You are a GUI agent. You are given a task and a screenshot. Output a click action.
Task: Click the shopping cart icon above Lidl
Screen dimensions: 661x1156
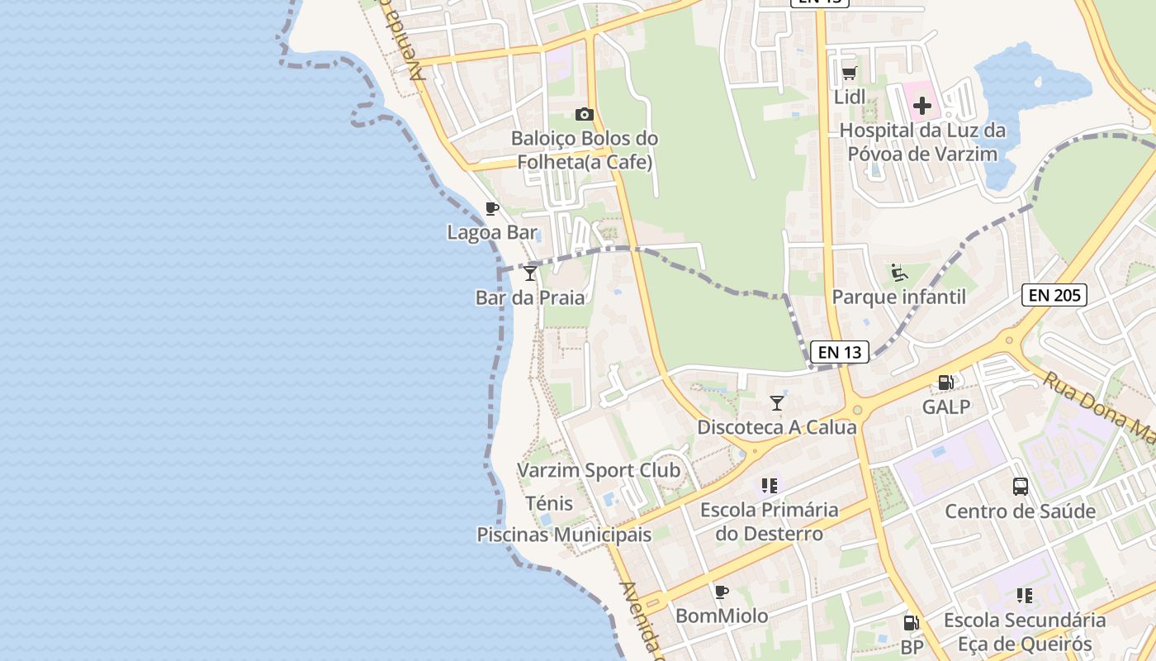849,74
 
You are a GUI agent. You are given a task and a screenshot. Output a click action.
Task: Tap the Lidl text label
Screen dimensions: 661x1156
850,97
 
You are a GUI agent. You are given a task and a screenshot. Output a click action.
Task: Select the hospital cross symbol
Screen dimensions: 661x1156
921,106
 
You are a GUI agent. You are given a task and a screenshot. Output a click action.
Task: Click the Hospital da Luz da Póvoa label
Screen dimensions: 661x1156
922,142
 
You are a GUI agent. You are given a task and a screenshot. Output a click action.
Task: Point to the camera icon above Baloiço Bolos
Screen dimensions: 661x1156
584,114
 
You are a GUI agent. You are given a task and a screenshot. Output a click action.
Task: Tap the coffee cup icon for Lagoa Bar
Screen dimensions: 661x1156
492,208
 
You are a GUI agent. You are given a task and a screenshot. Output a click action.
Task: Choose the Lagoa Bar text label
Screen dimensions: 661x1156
492,233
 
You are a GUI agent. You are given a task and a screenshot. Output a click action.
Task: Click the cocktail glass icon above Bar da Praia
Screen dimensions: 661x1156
530,273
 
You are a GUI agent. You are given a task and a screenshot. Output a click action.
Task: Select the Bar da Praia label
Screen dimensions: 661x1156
530,297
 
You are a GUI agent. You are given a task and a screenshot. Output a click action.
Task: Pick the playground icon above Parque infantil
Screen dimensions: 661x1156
899,272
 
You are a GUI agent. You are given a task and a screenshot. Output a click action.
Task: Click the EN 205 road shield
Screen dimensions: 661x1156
1054,295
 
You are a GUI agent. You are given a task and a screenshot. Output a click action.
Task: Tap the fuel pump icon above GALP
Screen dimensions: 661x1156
946,383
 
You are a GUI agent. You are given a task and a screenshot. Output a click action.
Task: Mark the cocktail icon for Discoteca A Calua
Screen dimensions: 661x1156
777,403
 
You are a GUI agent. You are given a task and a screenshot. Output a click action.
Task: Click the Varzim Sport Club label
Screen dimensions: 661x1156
599,471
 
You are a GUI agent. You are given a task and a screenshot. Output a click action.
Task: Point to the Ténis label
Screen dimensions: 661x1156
549,503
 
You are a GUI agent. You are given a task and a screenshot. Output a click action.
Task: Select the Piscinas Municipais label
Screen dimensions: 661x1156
564,535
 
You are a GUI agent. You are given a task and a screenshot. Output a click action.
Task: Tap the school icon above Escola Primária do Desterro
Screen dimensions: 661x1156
770,486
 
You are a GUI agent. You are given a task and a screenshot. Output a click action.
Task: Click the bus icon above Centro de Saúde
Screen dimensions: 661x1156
1021,487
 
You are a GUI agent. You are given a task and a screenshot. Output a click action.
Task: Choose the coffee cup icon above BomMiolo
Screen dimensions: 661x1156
722,592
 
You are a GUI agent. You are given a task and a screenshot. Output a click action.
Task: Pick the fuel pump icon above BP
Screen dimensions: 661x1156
912,623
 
